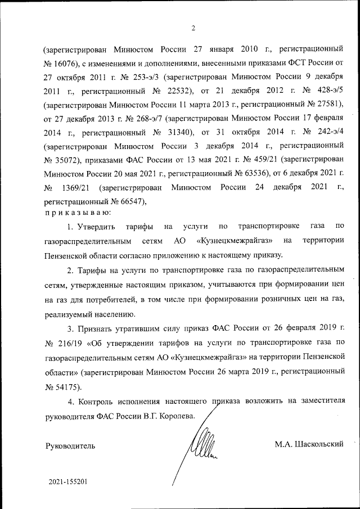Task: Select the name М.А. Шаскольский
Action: pos(309,445)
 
